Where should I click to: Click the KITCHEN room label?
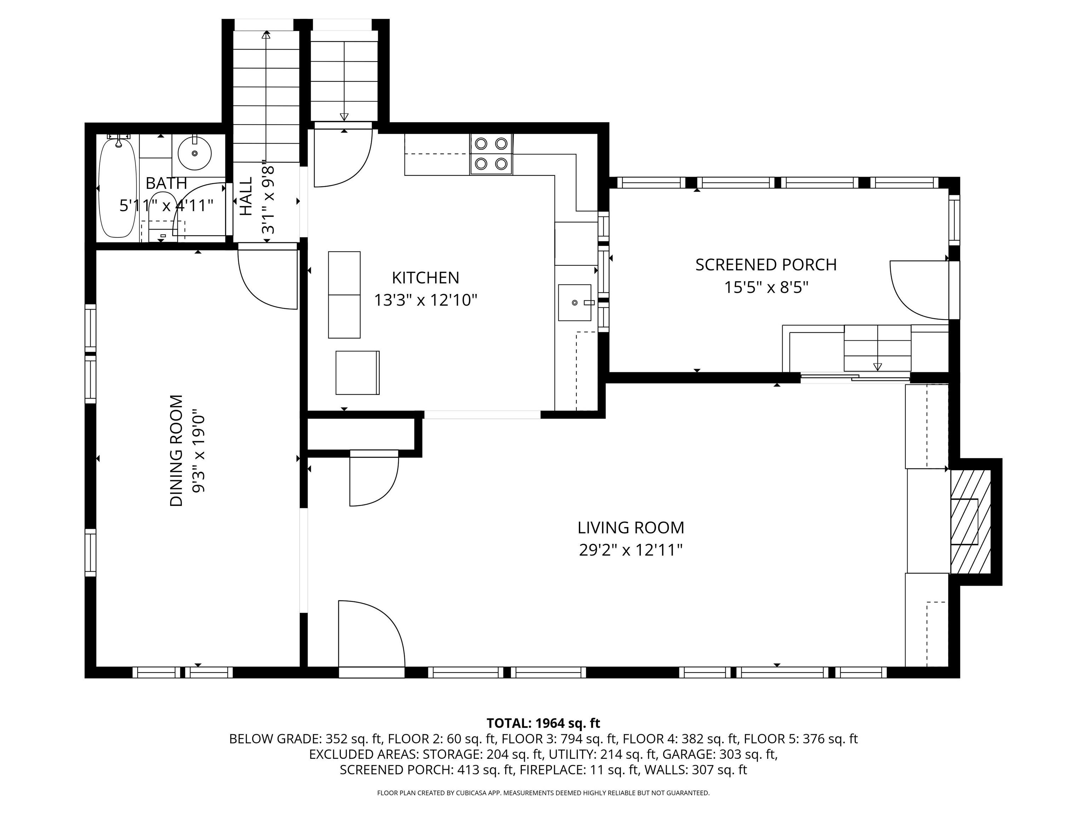click(x=426, y=278)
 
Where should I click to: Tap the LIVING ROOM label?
click(x=631, y=528)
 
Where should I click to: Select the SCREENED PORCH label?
click(x=766, y=265)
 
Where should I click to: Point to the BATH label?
click(x=167, y=183)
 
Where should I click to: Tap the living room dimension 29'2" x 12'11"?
click(x=631, y=550)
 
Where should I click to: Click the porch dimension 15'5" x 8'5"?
click(x=766, y=287)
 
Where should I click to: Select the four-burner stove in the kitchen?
click(x=491, y=154)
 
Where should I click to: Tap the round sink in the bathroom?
click(x=195, y=153)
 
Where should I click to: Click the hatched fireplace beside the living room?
click(x=971, y=522)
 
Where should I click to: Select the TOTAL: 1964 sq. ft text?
click(x=543, y=723)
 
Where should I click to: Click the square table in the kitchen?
click(x=358, y=372)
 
